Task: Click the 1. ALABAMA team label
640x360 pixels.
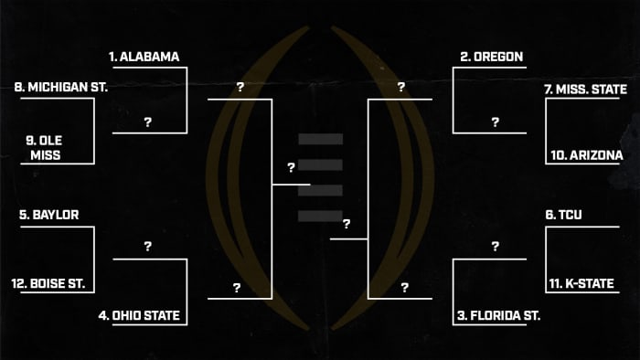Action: tap(144, 57)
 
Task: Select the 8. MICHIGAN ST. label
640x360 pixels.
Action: tap(62, 88)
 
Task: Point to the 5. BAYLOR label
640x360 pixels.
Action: tap(48, 216)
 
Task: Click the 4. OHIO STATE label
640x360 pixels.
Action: tap(139, 316)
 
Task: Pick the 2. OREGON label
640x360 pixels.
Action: tap(491, 57)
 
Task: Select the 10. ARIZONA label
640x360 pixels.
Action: tap(587, 155)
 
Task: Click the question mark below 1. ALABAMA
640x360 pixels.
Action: tap(147, 122)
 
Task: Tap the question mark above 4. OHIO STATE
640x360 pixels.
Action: tap(147, 247)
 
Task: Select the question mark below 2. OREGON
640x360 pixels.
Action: tap(495, 122)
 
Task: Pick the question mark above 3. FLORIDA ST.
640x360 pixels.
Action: tap(495, 247)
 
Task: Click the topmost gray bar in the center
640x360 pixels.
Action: tap(320, 139)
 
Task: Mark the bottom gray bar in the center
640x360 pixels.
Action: tap(320, 216)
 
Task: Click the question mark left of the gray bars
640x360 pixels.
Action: tap(291, 168)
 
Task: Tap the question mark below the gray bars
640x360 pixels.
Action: tap(347, 224)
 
